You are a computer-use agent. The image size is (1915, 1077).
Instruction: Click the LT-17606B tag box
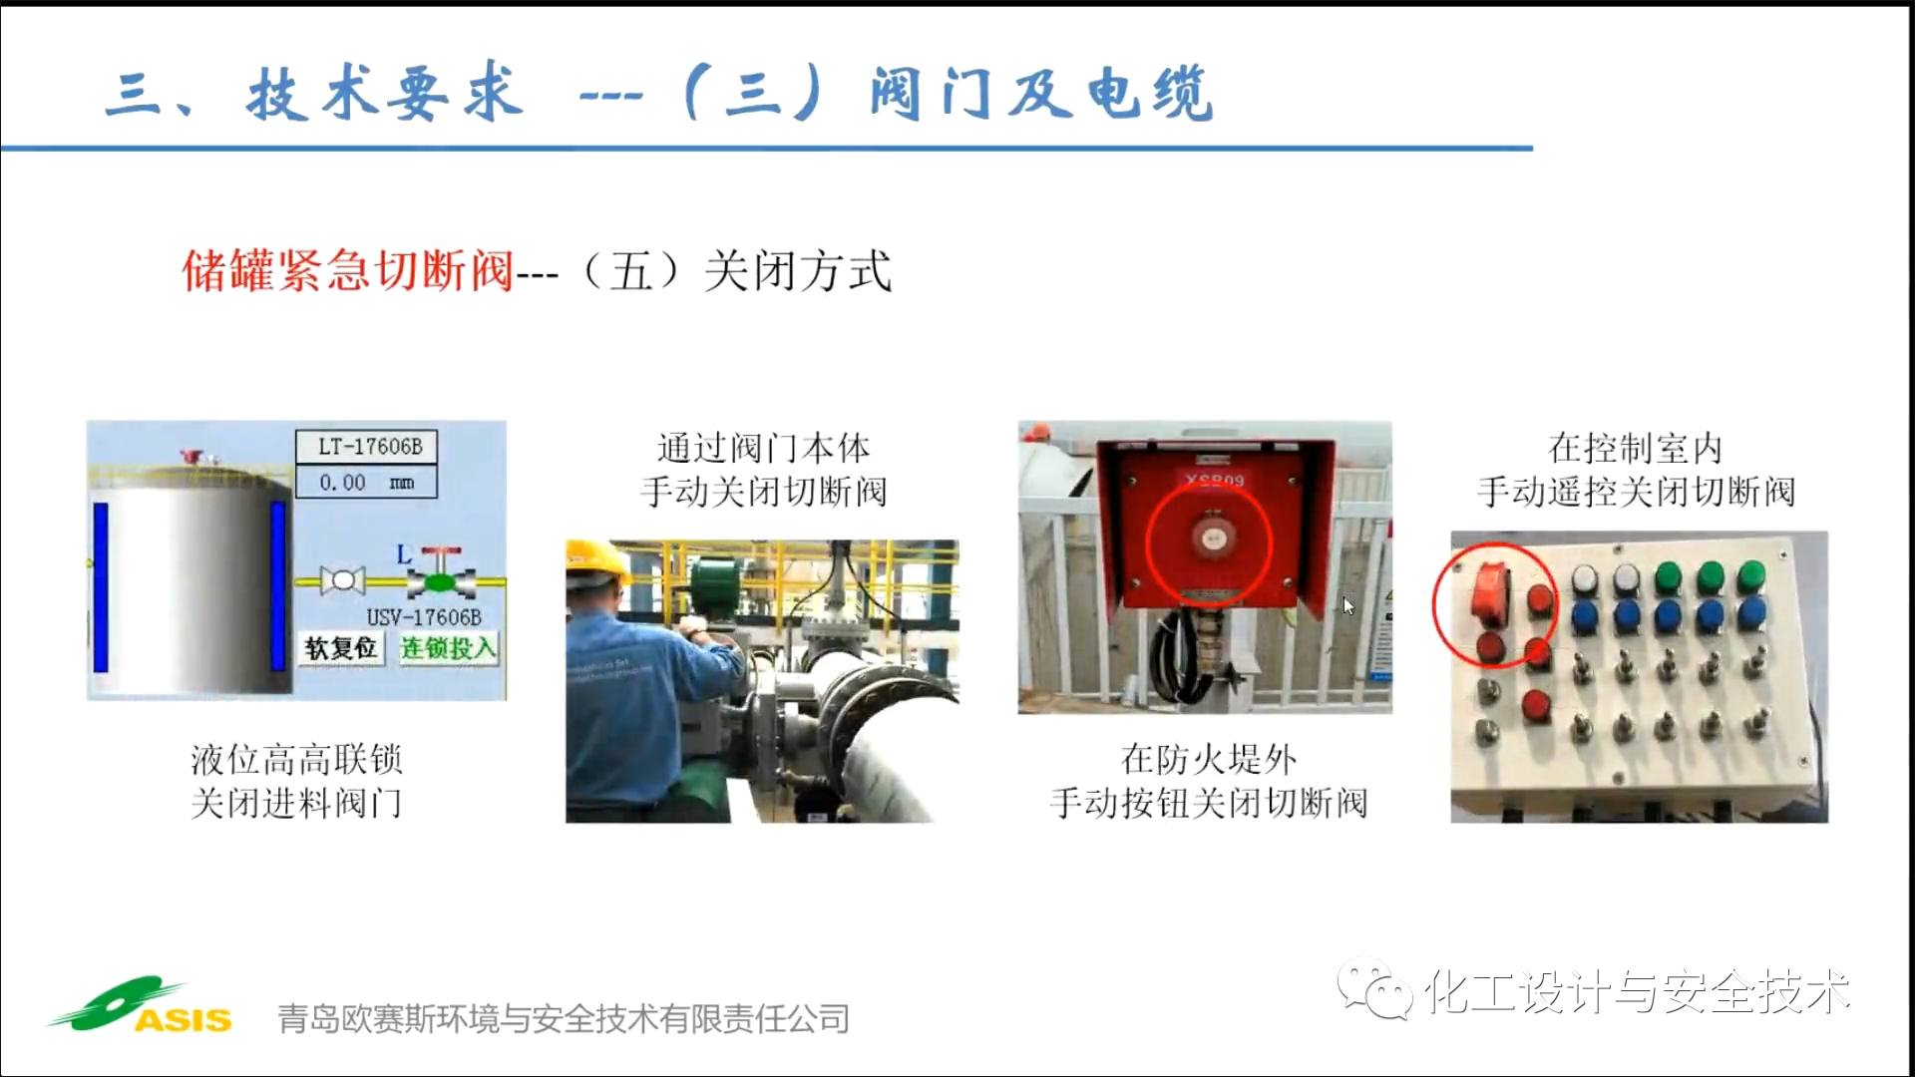tap(366, 446)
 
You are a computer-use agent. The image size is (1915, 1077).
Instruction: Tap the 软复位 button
tap(341, 648)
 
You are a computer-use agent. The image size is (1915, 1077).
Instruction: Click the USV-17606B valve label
tap(424, 617)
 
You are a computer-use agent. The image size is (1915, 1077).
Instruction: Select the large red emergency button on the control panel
tap(1490, 592)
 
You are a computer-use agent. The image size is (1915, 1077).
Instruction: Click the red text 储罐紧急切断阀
tap(347, 271)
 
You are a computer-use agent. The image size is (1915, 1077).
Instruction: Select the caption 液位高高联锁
tap(296, 760)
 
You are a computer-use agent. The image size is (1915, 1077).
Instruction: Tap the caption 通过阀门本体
tap(763, 449)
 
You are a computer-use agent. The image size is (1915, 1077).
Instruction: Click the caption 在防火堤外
tap(1209, 760)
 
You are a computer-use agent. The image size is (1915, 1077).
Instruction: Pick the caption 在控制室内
tap(1636, 449)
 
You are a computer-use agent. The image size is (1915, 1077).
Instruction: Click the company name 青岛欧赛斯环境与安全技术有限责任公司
tap(564, 1018)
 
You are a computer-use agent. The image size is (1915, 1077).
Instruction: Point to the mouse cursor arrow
tap(1347, 605)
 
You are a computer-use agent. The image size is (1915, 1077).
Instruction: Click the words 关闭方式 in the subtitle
tap(798, 271)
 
